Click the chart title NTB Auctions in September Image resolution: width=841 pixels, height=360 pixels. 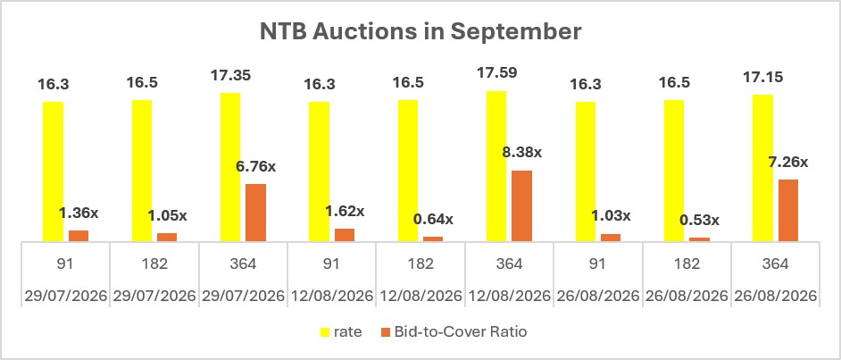420,31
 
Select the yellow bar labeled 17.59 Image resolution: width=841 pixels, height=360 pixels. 496,166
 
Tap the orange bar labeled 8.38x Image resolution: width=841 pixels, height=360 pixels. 522,206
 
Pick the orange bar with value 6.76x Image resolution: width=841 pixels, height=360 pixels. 256,213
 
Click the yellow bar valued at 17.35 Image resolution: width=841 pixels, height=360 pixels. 230,167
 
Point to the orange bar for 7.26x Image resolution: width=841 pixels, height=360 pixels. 788,210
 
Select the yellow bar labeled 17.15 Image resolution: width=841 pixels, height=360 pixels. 762,168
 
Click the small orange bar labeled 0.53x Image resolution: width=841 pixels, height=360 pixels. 699,239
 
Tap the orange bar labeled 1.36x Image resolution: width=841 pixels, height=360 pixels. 79,236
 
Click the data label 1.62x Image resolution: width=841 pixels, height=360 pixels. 345,211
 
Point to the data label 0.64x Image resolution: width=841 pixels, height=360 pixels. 433,219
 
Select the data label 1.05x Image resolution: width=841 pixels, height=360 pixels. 167,215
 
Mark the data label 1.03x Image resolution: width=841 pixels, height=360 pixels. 611,216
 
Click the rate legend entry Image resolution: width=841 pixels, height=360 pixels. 341,332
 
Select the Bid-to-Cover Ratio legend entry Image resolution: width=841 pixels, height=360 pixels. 454,332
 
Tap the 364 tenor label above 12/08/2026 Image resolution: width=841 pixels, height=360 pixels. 509,264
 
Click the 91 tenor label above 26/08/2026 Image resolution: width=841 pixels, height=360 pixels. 597,264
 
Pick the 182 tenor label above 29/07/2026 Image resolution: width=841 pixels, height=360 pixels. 155,264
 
